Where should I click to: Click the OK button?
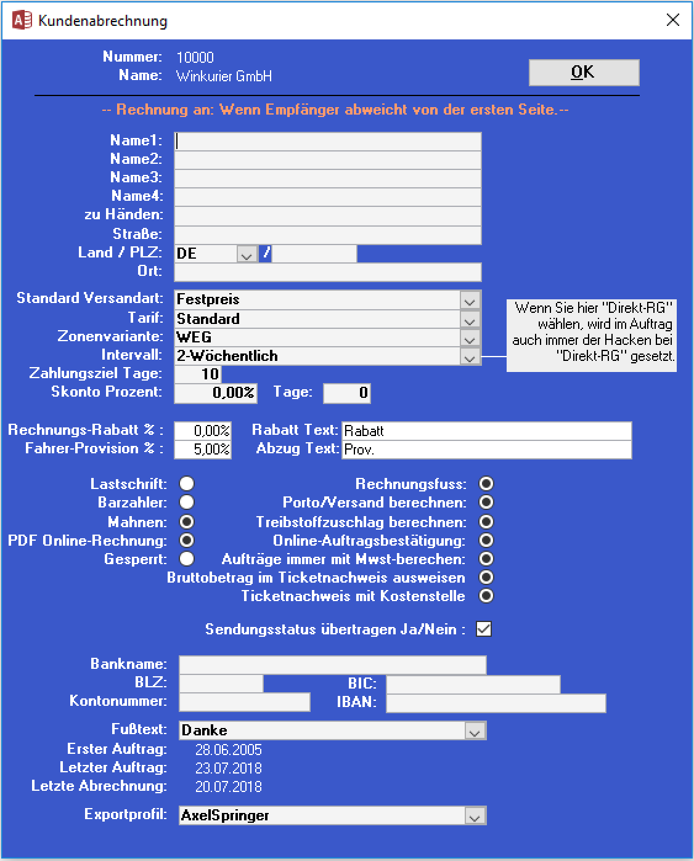coord(584,73)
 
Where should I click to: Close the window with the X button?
coord(673,20)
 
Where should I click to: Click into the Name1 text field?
coord(327,141)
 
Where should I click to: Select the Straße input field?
coord(327,235)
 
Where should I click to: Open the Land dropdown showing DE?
coord(247,254)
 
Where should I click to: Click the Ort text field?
coord(327,272)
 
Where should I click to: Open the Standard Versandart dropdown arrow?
coord(470,301)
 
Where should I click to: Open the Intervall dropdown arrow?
coord(470,357)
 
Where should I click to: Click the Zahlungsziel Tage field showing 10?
coord(198,374)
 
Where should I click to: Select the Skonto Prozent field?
coord(216,393)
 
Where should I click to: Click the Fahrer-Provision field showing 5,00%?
coord(203,450)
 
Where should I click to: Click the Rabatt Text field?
coord(486,431)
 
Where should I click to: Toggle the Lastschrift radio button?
coord(187,484)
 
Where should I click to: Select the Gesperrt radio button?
coord(187,559)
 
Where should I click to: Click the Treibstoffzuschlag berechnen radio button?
coord(486,522)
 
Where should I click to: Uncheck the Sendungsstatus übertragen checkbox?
coord(484,629)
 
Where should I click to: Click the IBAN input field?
coord(496,703)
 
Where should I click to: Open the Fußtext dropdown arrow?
coord(475,731)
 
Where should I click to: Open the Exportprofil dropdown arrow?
coord(475,816)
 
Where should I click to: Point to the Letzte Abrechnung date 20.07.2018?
coord(229,786)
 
